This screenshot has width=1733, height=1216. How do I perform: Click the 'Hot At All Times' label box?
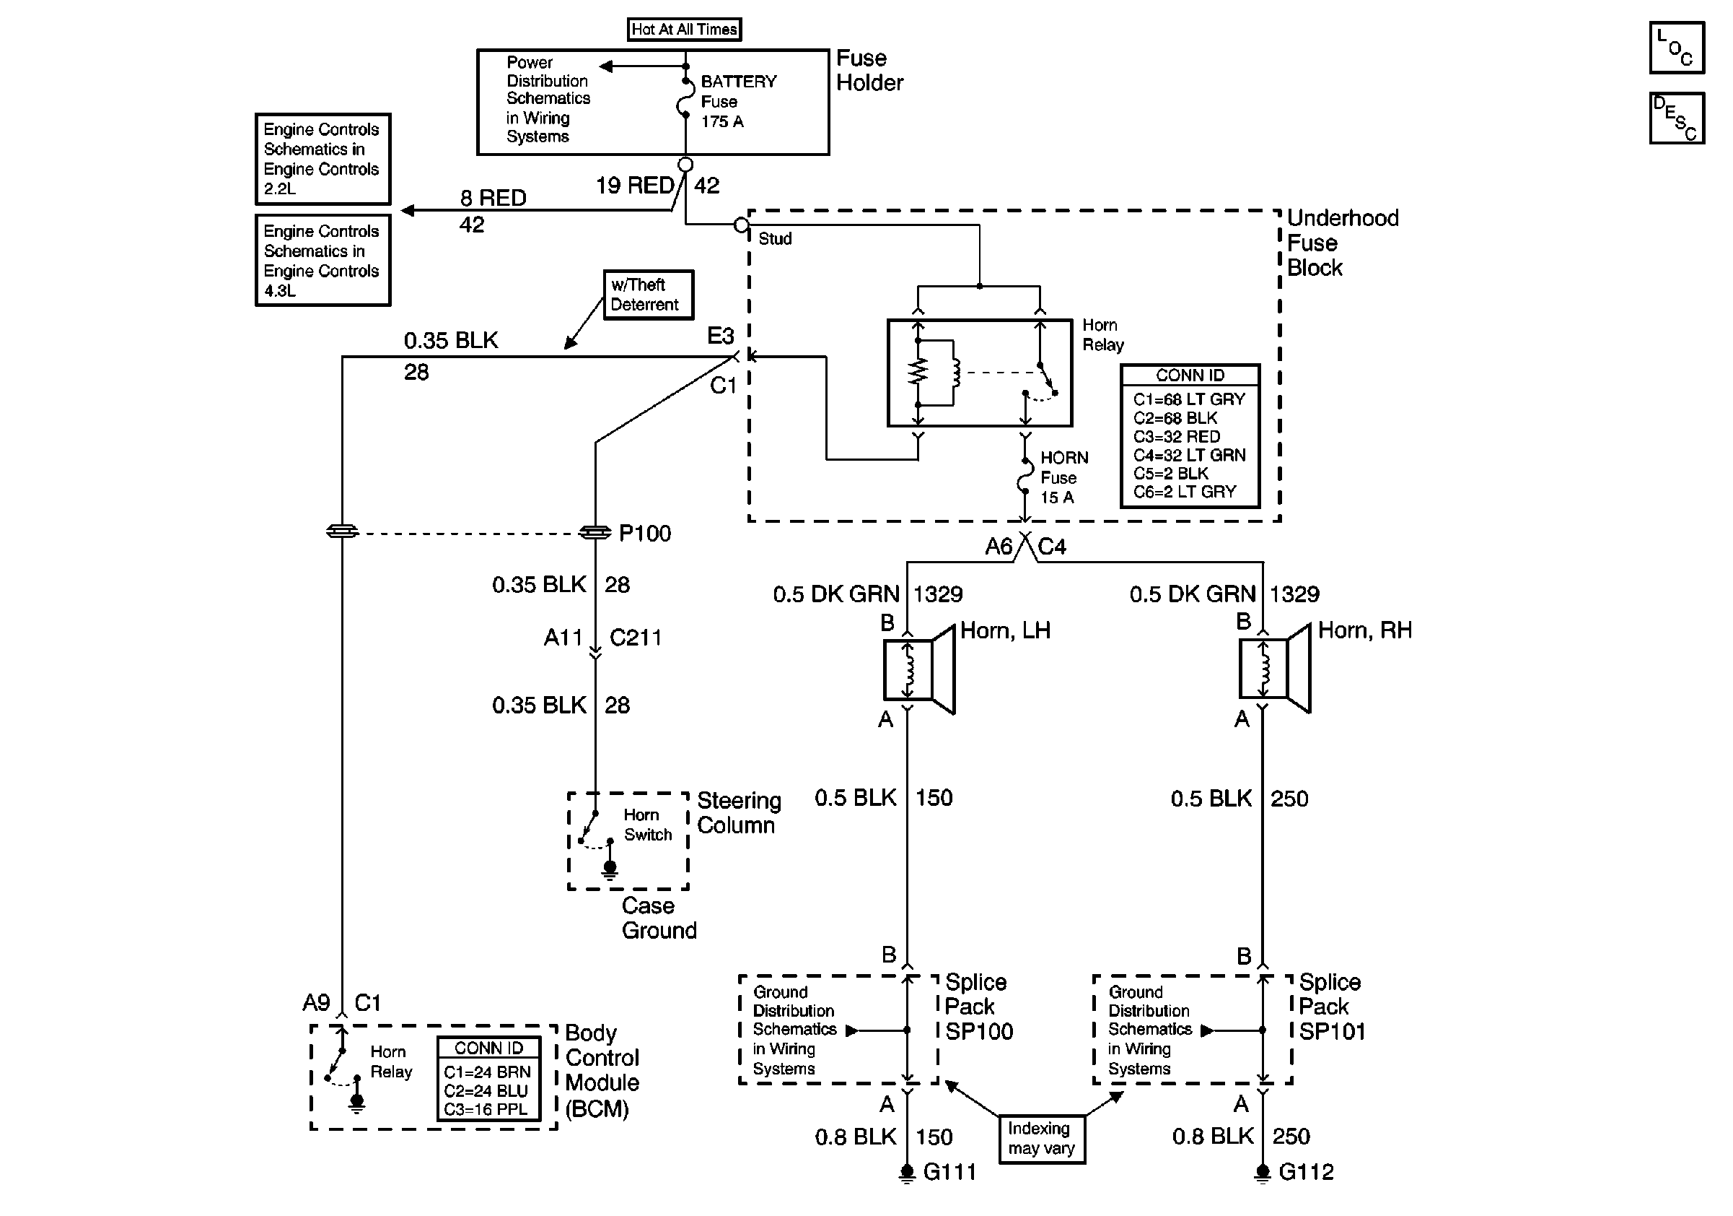click(684, 30)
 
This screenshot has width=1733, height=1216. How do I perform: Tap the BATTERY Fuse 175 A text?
click(737, 101)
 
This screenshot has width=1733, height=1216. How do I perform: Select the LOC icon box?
click(1677, 48)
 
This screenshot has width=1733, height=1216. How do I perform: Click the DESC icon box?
click(1677, 118)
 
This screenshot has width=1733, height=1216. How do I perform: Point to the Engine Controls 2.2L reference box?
click(323, 159)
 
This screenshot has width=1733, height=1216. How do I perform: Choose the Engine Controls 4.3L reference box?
click(323, 261)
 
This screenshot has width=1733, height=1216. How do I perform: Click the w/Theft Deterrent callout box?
click(648, 295)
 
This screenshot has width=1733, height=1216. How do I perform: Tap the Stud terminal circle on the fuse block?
click(741, 225)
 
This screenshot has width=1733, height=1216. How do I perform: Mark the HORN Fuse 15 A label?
click(1063, 477)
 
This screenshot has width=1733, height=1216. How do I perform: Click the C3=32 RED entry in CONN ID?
click(1176, 437)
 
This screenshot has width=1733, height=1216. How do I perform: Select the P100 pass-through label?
click(644, 533)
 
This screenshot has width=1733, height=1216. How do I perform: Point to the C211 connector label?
click(636, 638)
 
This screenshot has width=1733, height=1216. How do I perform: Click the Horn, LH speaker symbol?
click(919, 669)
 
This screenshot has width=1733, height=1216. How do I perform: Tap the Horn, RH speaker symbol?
click(1275, 669)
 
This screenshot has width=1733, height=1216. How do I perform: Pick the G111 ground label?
click(949, 1172)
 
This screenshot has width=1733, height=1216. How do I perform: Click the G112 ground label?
click(1306, 1172)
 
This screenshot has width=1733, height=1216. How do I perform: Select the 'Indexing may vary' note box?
click(1042, 1139)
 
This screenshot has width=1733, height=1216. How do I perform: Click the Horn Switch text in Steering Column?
click(647, 825)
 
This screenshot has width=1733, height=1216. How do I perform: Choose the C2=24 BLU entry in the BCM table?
click(486, 1090)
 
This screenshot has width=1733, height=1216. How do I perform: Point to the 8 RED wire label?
click(493, 198)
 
